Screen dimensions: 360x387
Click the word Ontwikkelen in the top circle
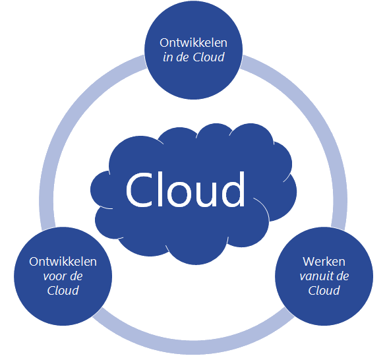tap(194, 42)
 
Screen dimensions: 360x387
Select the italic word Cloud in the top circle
tap(209, 57)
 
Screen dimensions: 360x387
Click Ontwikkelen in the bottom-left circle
tap(63, 262)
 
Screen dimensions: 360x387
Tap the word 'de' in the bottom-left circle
tap(73, 276)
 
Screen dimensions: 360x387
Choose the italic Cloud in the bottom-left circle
tap(63, 291)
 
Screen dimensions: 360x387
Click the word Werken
tap(324, 261)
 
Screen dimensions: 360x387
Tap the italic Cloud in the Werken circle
tap(324, 290)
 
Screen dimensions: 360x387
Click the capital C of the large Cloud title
tap(140, 189)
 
